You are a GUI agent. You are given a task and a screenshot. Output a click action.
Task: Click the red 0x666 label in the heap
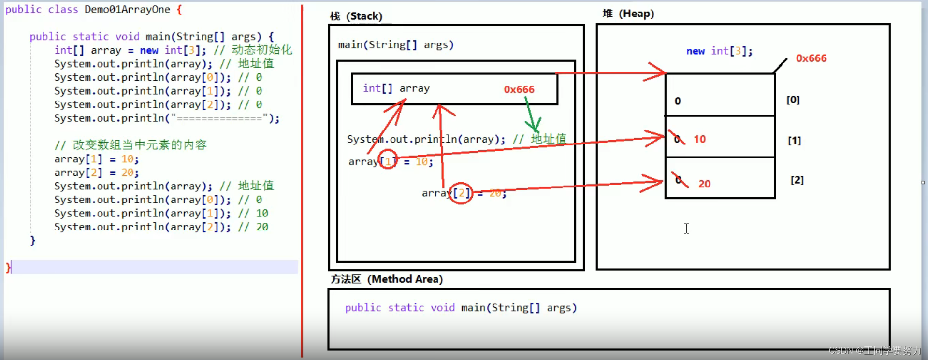click(x=811, y=58)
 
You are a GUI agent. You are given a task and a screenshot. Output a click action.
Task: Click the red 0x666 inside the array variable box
click(x=519, y=89)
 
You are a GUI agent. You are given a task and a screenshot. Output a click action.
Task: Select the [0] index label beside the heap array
click(x=793, y=100)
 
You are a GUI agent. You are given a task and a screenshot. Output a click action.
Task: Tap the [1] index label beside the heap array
click(x=794, y=141)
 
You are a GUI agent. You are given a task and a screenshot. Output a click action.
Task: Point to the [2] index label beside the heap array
click(x=797, y=180)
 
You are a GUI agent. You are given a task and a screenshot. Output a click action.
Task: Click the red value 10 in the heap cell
click(x=699, y=139)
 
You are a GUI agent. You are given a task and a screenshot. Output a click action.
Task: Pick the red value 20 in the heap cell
click(x=704, y=184)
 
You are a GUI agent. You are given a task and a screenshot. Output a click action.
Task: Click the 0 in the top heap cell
click(x=678, y=101)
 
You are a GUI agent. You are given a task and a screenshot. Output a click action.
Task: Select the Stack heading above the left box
click(x=356, y=16)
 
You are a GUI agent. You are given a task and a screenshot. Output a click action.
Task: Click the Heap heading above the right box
click(x=628, y=14)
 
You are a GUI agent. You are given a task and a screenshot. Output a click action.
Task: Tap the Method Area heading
click(x=387, y=279)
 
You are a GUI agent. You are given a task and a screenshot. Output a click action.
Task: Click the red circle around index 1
click(x=388, y=160)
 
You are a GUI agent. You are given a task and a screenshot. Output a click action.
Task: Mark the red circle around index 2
click(x=461, y=193)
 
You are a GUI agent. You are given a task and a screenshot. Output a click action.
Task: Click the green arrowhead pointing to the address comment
click(x=535, y=127)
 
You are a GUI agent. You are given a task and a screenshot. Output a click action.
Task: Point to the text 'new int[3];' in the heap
click(x=719, y=51)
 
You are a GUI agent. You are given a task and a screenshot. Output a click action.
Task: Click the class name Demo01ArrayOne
click(x=127, y=10)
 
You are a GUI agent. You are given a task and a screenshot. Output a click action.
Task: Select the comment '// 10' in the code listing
click(x=253, y=214)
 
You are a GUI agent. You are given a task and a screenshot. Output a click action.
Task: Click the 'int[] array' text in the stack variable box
click(x=396, y=88)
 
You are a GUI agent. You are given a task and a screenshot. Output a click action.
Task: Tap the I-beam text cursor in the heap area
click(x=686, y=229)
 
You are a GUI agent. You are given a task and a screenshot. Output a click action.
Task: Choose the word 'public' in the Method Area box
click(x=363, y=308)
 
